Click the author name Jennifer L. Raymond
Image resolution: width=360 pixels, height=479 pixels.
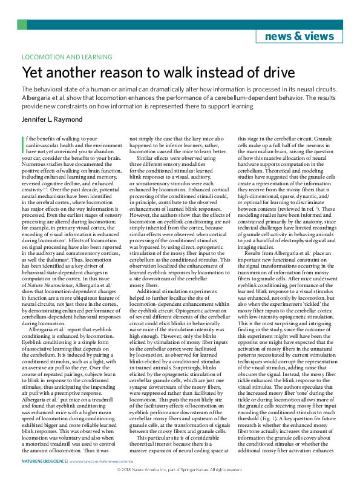[53, 120]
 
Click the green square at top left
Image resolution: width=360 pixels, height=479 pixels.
[22, 24]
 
